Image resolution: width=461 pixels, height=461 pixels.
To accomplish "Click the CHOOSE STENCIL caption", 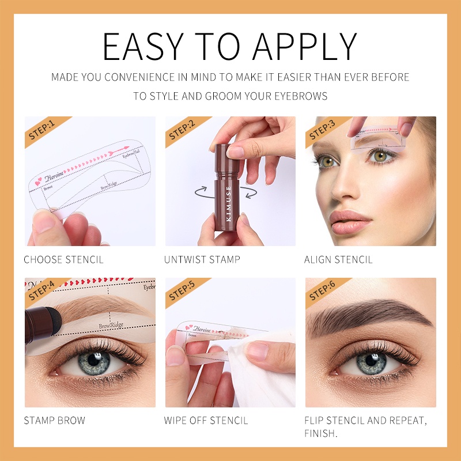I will pyautogui.click(x=63, y=260).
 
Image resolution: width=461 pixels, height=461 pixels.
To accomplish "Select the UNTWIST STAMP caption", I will pyautogui.click(x=202, y=260).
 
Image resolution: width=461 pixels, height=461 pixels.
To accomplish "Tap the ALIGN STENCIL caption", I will pyautogui.click(x=338, y=260).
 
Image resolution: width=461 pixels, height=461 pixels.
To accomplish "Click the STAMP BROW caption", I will pyautogui.click(x=54, y=421).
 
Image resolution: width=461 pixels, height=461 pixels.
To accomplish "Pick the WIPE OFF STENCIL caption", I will pyautogui.click(x=206, y=421).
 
